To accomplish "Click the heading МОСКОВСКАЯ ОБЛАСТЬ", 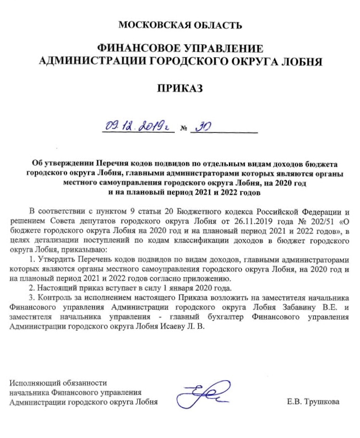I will pos(180,24).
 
